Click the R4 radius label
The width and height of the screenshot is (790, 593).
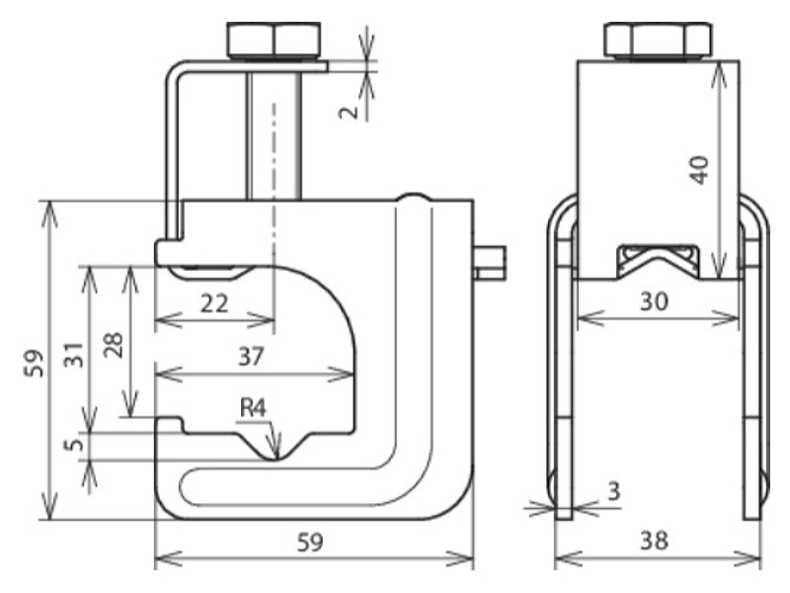point(253,407)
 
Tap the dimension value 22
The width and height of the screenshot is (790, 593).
point(214,303)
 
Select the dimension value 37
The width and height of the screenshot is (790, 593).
point(251,357)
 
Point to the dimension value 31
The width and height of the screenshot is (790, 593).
point(75,354)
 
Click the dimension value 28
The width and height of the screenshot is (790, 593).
point(114,344)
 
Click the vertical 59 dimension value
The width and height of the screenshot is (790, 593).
point(36,363)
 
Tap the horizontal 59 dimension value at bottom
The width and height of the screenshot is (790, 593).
point(309,543)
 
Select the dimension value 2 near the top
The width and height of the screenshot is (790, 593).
point(349,112)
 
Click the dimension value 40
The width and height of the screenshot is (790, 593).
point(700,170)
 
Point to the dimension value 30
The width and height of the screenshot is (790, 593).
point(654,301)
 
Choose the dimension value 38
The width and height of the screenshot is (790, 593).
point(654,541)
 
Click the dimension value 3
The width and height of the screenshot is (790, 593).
point(613,490)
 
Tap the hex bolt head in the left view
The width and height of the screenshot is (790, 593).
point(274,40)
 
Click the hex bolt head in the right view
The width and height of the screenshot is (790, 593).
point(658,41)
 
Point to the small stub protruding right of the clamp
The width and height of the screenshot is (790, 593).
point(490,262)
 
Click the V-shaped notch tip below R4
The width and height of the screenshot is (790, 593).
point(276,459)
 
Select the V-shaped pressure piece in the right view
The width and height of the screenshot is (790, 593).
point(658,261)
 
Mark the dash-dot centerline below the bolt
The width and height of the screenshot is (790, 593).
point(275,217)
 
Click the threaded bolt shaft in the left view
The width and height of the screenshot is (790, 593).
point(275,136)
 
